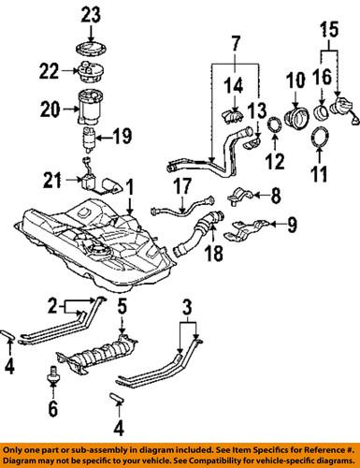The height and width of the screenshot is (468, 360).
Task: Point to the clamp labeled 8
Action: click(238, 197)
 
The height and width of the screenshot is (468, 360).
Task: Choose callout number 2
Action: click(54, 304)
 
